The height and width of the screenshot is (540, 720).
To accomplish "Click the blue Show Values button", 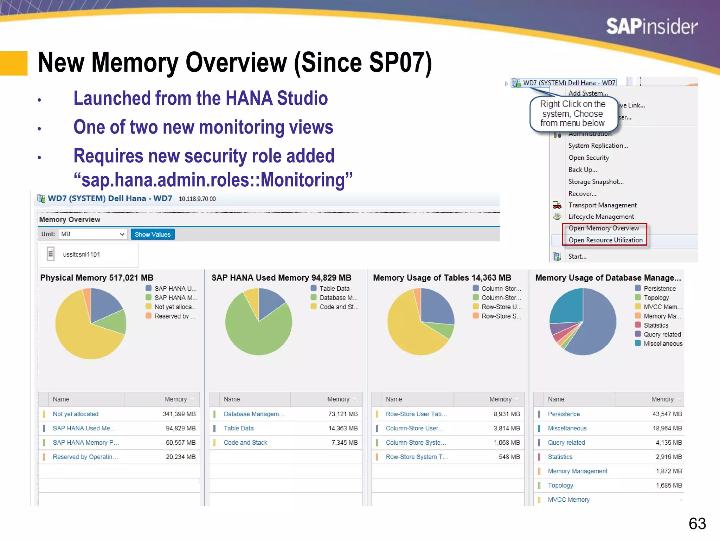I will pyautogui.click(x=152, y=234).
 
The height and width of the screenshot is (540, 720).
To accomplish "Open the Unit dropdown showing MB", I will pyautogui.click(x=92, y=234).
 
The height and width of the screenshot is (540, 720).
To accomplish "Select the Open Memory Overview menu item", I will pyautogui.click(x=603, y=228).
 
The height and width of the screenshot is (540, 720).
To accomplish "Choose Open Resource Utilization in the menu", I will pyautogui.click(x=605, y=240).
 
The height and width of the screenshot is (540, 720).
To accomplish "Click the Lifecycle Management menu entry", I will pyautogui.click(x=601, y=217).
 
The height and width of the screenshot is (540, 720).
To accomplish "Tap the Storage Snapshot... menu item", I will pyautogui.click(x=596, y=182).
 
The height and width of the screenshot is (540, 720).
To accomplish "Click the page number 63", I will pyautogui.click(x=697, y=523).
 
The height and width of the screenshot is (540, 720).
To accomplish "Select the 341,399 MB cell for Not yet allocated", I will pyautogui.click(x=179, y=414).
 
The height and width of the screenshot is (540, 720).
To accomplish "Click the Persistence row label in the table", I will pyautogui.click(x=564, y=414).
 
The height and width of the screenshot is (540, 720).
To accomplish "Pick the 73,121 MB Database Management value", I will pyautogui.click(x=342, y=414).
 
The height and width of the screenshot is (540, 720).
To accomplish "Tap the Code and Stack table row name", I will pyautogui.click(x=245, y=443).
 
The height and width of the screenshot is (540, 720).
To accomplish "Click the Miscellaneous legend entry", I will pyautogui.click(x=663, y=343).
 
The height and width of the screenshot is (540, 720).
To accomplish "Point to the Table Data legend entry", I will pyautogui.click(x=334, y=289).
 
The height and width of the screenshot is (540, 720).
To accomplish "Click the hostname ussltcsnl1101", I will pyautogui.click(x=81, y=255).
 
